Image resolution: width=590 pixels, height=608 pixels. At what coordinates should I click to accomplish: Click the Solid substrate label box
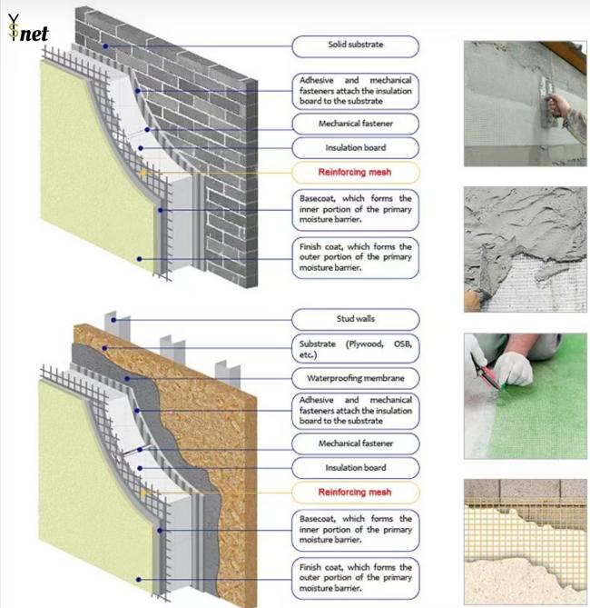click(356, 45)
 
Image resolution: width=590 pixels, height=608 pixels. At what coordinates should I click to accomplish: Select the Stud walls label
click(356, 319)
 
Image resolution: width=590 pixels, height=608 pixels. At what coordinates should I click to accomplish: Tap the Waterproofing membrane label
click(356, 377)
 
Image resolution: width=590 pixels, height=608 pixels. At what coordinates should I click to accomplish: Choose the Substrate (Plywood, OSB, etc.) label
click(356, 349)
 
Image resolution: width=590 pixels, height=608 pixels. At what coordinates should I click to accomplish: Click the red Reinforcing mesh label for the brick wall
click(356, 171)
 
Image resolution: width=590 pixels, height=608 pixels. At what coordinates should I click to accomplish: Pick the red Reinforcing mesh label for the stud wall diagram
click(356, 492)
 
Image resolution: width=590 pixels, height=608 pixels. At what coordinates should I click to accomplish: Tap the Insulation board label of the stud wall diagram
click(356, 468)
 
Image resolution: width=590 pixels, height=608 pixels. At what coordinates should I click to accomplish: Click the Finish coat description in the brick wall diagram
click(356, 256)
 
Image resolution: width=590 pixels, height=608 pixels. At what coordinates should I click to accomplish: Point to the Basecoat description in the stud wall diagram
click(356, 529)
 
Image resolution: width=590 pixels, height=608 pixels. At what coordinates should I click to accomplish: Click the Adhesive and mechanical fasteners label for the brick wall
click(356, 92)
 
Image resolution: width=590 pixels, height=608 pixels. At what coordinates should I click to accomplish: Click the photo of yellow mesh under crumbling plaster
click(525, 542)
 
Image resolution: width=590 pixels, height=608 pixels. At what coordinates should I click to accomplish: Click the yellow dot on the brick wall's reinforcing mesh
click(143, 172)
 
